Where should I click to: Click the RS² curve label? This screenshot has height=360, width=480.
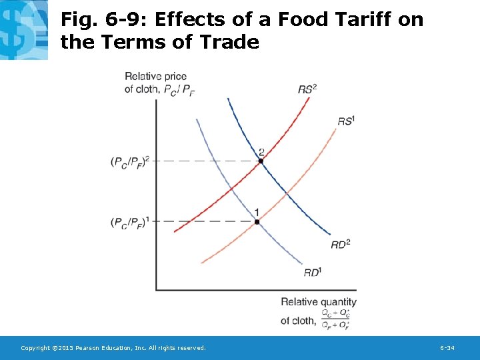point(307,89)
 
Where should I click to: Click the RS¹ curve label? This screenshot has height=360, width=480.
point(346,121)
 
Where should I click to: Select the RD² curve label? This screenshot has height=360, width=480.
point(340,245)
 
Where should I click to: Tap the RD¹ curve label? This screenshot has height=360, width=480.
point(313,272)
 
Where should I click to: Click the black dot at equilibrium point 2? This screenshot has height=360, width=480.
point(261,161)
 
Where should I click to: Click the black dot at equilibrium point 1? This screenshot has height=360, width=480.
point(257,221)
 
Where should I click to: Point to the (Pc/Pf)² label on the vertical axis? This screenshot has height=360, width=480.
point(130,162)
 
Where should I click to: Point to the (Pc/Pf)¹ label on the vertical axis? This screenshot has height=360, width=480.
point(130,222)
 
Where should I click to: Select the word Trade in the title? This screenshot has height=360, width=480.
point(230,43)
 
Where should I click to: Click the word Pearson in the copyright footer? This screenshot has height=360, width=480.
point(89,348)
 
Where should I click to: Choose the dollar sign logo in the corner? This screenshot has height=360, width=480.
point(23,29)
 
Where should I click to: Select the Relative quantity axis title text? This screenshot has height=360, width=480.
point(319,302)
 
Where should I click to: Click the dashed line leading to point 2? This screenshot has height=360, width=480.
point(207,161)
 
